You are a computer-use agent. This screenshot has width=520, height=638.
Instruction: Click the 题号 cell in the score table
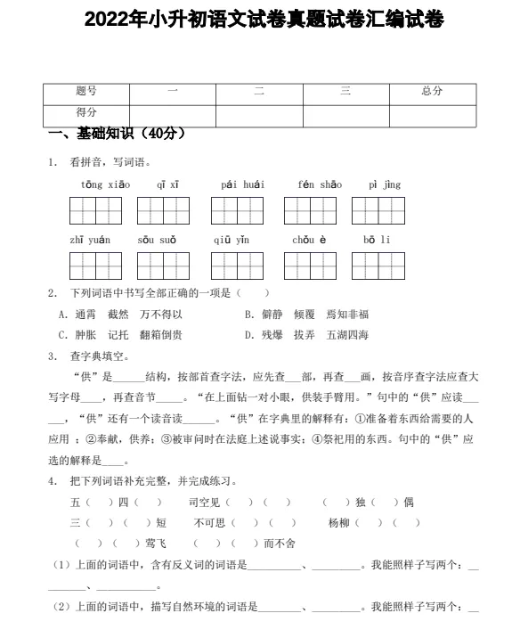click(x=86, y=91)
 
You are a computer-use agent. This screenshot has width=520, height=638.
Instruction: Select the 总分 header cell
click(x=432, y=91)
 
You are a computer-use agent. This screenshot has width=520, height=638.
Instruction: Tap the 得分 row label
click(x=86, y=113)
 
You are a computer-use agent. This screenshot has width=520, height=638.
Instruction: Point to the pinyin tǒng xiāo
click(x=105, y=185)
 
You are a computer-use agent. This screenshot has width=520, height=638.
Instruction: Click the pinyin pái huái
click(x=242, y=185)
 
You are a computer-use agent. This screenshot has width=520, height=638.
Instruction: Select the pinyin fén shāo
click(x=319, y=185)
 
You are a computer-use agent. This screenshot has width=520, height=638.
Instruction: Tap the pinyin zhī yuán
click(x=90, y=241)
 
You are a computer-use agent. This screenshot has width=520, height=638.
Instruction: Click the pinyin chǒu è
click(x=310, y=241)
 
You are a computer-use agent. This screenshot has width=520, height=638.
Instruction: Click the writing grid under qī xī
click(x=163, y=211)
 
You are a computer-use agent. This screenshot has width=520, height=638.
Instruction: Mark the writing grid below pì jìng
click(x=378, y=211)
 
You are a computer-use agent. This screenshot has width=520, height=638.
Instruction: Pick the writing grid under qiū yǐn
click(x=237, y=266)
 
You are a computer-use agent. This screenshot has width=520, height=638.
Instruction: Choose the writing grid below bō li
click(x=378, y=266)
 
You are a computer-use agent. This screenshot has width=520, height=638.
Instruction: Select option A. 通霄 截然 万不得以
click(x=120, y=315)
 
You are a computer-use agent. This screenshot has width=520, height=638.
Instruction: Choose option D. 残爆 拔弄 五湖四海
click(x=306, y=335)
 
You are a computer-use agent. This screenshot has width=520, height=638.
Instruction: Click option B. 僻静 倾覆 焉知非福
click(x=306, y=315)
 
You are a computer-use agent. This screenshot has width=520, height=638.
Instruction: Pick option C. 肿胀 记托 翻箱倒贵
click(x=120, y=335)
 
